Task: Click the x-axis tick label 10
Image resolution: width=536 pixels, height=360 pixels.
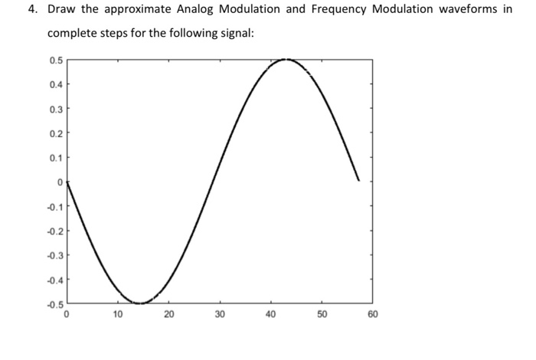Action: pyautogui.click(x=118, y=314)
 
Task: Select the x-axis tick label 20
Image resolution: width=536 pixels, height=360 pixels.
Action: pyautogui.click(x=169, y=314)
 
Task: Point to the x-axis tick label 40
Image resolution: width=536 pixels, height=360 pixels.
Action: pyautogui.click(x=271, y=314)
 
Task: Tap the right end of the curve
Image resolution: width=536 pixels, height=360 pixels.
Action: pyautogui.click(x=358, y=181)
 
